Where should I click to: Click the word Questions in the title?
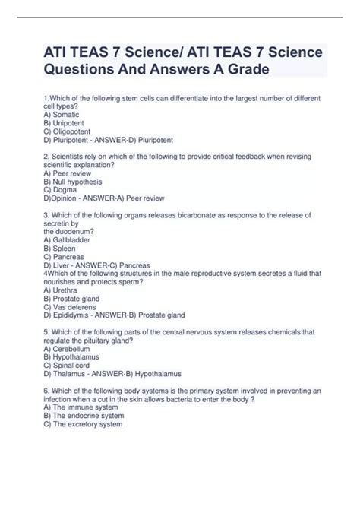91,69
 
